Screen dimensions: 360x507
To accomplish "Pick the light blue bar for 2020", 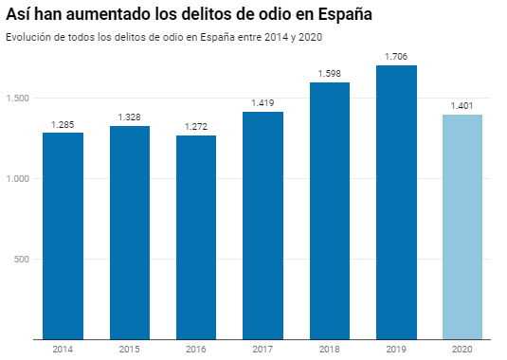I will [x=462, y=226].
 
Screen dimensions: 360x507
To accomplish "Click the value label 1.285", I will [x=63, y=123].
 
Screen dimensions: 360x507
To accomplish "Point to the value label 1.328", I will [x=130, y=117].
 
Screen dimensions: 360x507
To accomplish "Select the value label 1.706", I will [x=396, y=56].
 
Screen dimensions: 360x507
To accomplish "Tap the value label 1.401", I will [x=462, y=105].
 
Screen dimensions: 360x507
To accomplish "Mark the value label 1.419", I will [x=263, y=102].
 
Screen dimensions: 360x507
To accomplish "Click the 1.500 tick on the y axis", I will [x=18, y=99].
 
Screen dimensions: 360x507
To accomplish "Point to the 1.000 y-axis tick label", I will [x=18, y=179].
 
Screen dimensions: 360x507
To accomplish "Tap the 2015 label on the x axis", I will [x=130, y=350].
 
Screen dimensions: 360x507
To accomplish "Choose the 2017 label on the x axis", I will [x=263, y=350].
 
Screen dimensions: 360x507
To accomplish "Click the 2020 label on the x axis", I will [x=462, y=350].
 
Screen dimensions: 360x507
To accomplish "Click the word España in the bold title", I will [x=336, y=16].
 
